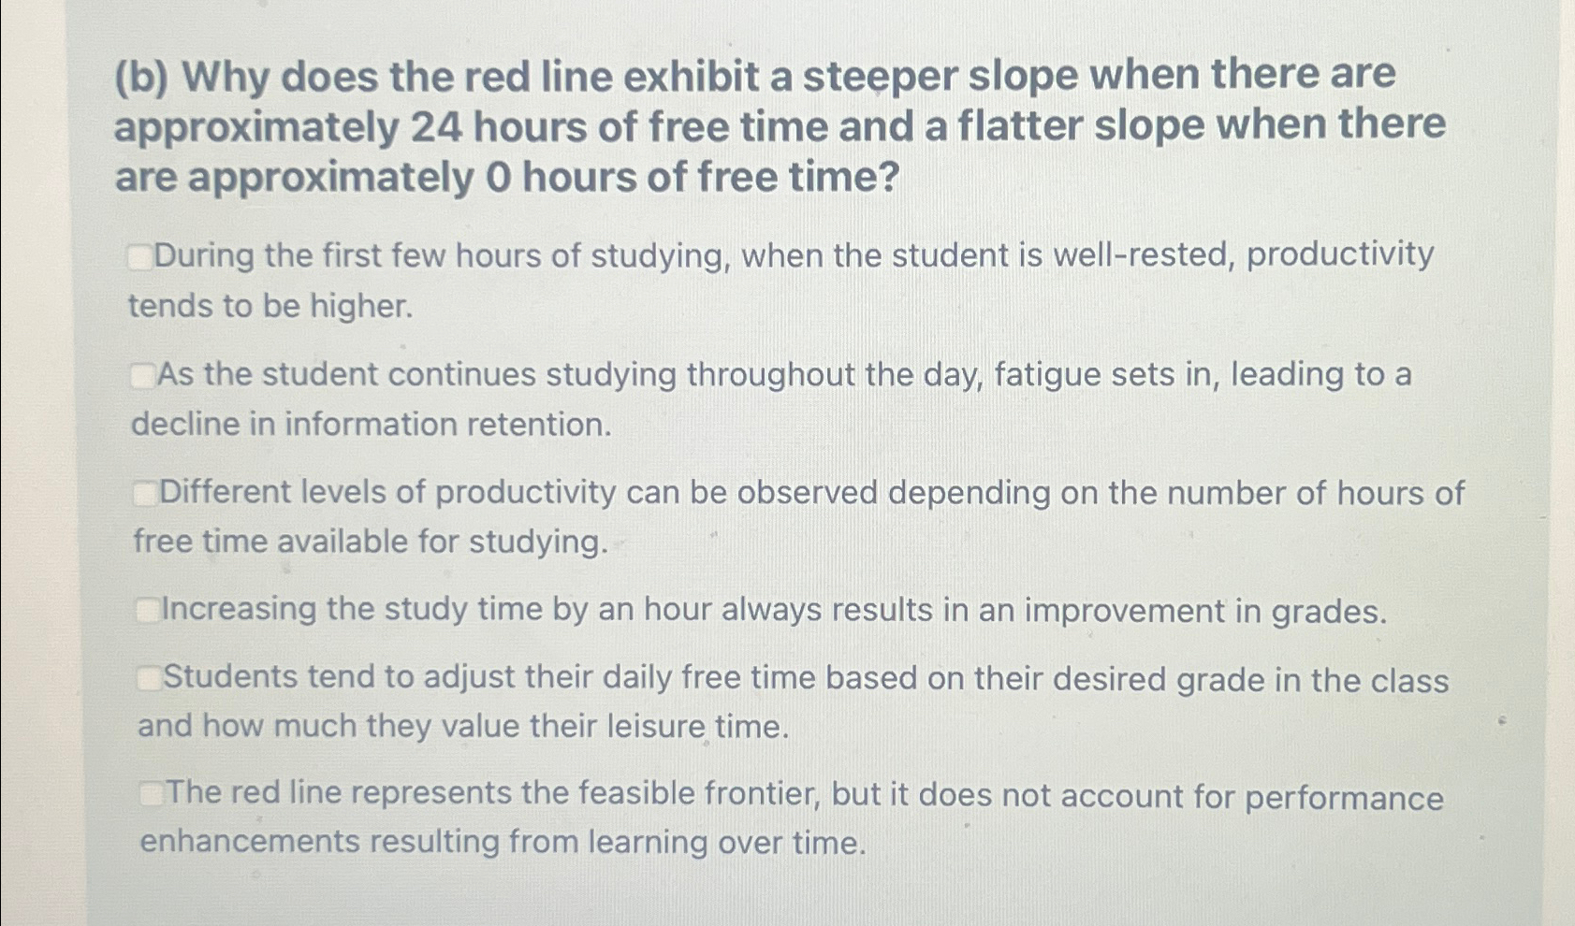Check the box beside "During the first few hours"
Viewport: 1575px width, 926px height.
[140, 256]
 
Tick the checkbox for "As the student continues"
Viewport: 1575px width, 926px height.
[142, 376]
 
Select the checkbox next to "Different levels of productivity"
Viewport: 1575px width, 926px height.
[145, 493]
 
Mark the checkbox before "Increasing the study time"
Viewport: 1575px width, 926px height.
[148, 611]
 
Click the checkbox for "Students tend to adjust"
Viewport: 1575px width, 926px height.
[149, 678]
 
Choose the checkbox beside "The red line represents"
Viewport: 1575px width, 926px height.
[152, 794]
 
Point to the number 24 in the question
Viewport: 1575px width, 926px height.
[436, 127]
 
